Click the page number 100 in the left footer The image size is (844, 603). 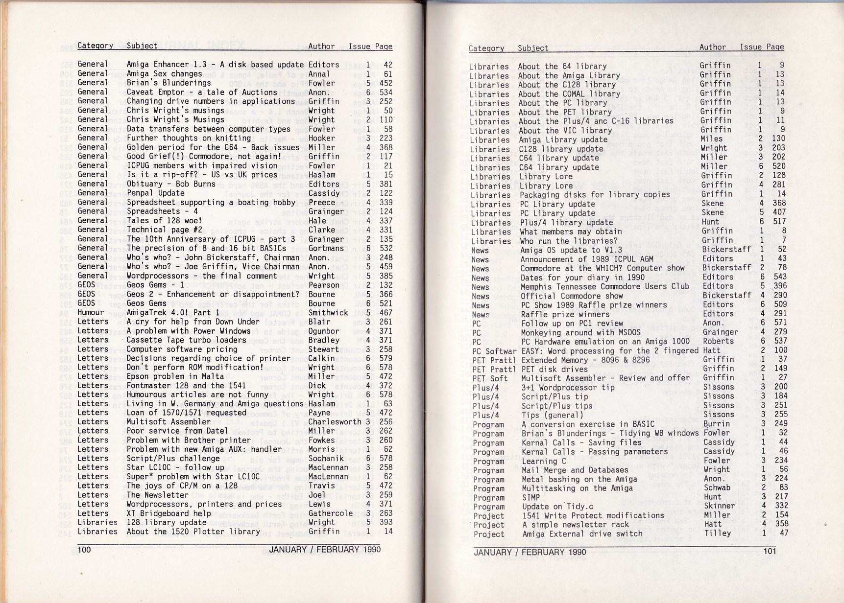84,549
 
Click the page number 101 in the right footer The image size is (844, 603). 770,552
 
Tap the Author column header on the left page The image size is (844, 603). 321,46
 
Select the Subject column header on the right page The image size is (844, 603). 533,48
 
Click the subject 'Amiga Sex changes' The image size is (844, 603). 164,74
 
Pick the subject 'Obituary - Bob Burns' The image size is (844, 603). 171,184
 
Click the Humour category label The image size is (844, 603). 91,312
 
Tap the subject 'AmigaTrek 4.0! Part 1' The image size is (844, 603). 173,312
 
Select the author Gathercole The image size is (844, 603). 331,513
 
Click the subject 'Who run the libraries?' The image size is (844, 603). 569,241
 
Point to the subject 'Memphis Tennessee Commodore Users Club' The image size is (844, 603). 604,286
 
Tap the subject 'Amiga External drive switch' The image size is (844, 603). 582,533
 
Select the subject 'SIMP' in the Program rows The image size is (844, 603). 531,497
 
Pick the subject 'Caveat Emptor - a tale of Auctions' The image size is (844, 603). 202,92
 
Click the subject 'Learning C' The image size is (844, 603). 544,461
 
